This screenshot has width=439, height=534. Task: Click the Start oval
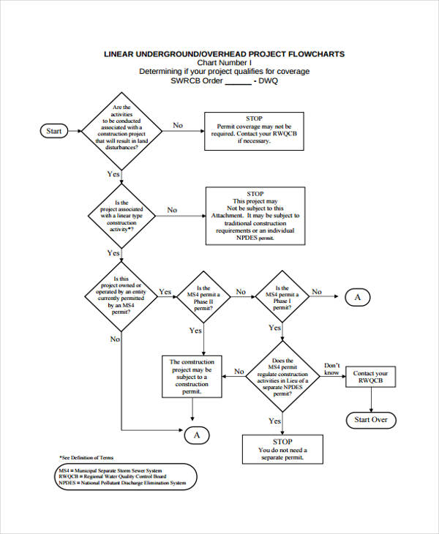[x=54, y=131]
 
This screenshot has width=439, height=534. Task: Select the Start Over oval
[x=370, y=420]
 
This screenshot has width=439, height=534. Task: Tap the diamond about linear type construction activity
[x=121, y=215]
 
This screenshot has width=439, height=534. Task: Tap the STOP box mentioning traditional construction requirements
[x=255, y=216]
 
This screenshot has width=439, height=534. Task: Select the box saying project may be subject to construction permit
[x=192, y=377]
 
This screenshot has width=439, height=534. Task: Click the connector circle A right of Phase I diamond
[x=358, y=297]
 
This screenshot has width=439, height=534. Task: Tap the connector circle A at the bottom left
[x=196, y=435]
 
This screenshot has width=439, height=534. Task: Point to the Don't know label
[x=332, y=369]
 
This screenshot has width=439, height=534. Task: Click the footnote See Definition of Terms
[x=86, y=456]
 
